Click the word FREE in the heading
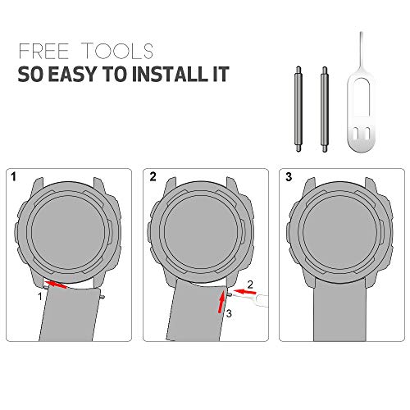43,51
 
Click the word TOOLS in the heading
117,51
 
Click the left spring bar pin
298,109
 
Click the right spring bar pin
325,109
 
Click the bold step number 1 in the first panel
14,177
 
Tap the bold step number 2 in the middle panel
153,177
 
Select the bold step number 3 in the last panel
289,177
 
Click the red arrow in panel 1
56,285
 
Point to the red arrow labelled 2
244,292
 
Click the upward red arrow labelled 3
221,302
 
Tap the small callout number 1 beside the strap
40,297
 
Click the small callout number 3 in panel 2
229,313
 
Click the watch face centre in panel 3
339,232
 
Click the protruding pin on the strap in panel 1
102,297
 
